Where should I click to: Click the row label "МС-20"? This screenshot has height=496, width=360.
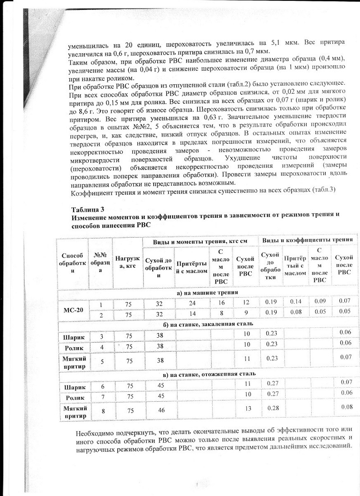pos(74,310)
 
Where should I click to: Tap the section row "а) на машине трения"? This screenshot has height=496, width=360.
pos(206,293)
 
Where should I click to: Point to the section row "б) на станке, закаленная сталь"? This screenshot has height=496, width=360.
pos(207,324)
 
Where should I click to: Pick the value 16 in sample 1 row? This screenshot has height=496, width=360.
pos(221,303)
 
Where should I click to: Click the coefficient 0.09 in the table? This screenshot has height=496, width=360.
pos(320,301)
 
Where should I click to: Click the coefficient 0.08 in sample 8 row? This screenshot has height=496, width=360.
pos(346,407)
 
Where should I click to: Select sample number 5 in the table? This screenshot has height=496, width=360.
pos(100,360)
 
